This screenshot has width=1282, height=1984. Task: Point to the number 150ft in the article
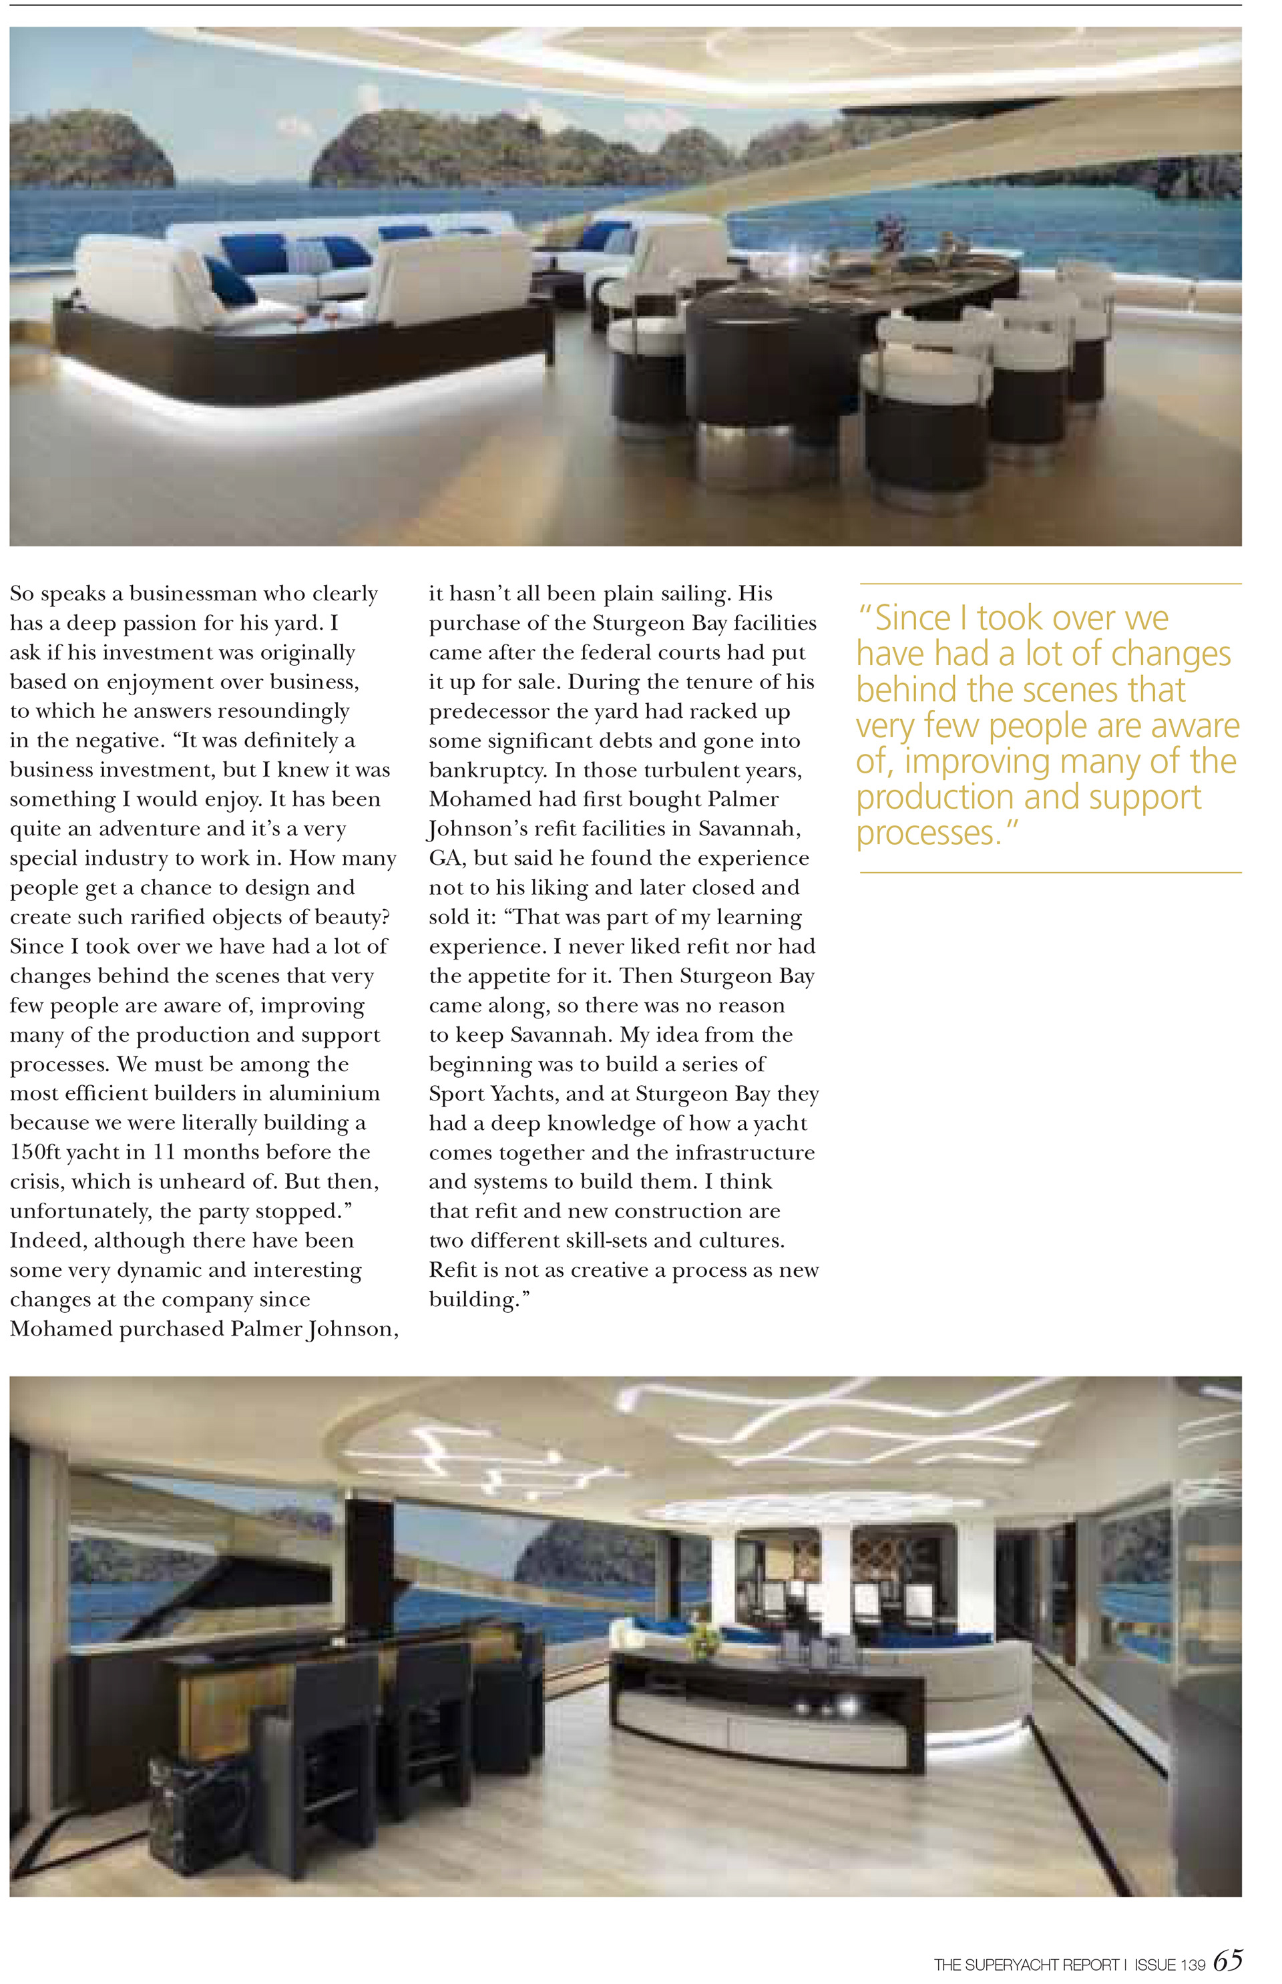click(x=34, y=1152)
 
